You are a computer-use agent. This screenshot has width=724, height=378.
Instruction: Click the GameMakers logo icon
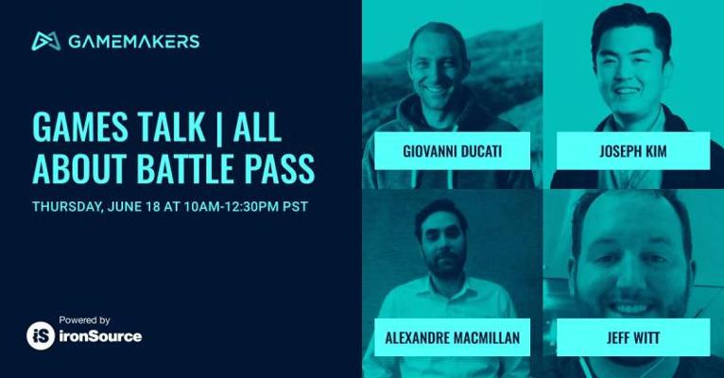click(46, 41)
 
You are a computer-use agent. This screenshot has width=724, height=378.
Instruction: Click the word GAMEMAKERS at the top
click(134, 42)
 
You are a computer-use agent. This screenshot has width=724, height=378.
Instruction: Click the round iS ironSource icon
click(41, 335)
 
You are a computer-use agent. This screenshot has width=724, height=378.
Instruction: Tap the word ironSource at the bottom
click(100, 336)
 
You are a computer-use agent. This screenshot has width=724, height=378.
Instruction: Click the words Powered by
click(84, 319)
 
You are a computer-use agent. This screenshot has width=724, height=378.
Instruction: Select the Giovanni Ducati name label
click(452, 151)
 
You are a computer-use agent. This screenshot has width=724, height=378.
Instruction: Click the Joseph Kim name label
click(633, 151)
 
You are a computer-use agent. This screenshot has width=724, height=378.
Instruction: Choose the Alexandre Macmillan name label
click(452, 337)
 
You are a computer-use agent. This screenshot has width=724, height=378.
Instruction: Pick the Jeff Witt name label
click(633, 337)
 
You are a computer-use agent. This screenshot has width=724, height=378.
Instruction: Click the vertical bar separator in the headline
click(219, 128)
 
